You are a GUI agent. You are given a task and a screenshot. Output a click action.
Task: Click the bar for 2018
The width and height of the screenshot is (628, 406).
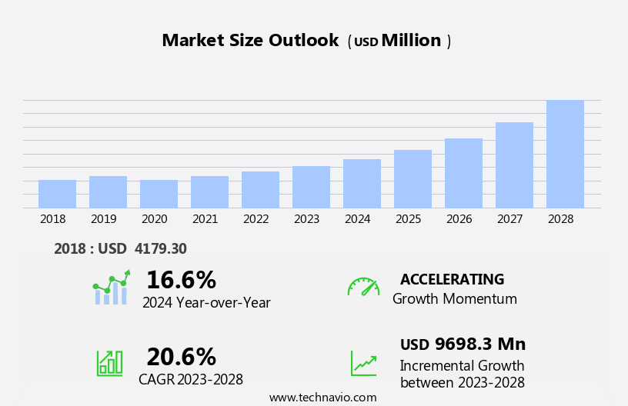(x=57, y=194)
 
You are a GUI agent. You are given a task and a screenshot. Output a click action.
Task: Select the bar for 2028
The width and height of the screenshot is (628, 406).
(x=565, y=154)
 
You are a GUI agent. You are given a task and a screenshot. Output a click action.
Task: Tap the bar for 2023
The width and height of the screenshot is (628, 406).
(x=311, y=187)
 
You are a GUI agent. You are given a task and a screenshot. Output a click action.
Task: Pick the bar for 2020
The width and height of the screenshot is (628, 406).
(x=159, y=194)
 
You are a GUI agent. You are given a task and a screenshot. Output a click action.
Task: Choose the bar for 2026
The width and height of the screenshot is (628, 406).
(x=463, y=173)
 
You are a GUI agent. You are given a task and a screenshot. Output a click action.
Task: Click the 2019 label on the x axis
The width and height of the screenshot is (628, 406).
(x=103, y=219)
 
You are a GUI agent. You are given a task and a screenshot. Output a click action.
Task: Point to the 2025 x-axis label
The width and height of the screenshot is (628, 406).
(x=408, y=219)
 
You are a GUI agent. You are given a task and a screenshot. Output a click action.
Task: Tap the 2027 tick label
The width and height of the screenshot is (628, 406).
(x=509, y=219)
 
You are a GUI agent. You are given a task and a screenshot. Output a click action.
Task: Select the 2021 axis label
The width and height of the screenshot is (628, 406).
(x=205, y=219)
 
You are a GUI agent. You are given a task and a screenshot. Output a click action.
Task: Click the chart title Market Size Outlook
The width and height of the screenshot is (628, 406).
(x=250, y=41)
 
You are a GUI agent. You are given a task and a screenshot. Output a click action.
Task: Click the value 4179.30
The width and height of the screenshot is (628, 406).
(x=160, y=248)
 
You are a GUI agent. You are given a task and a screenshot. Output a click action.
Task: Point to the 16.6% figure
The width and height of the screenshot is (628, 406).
(x=181, y=280)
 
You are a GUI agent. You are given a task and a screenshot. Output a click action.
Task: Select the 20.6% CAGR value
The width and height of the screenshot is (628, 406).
(x=181, y=357)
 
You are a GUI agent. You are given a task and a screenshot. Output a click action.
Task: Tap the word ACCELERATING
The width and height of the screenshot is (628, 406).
(x=452, y=279)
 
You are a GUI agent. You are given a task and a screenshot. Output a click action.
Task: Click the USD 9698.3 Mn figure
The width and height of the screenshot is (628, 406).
(x=463, y=344)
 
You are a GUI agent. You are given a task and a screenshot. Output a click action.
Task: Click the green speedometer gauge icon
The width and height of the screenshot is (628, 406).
(x=363, y=287)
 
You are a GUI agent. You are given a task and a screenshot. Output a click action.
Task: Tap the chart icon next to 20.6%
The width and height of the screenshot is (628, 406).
(x=109, y=362)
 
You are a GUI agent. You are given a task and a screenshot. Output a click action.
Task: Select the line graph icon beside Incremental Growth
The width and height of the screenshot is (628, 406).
(x=363, y=363)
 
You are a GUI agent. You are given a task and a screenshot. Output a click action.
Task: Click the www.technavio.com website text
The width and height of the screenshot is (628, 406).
(x=322, y=398)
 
